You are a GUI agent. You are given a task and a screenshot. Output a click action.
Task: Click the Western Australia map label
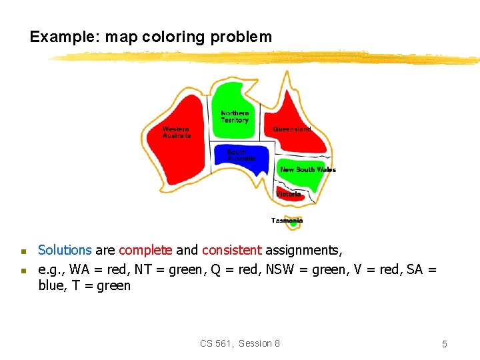[176, 132]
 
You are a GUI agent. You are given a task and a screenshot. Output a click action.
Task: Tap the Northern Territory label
[235, 117]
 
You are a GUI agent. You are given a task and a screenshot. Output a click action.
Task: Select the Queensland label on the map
[291, 129]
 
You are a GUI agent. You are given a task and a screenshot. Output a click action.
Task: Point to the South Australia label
[241, 155]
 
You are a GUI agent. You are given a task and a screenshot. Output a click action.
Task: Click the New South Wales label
[307, 169]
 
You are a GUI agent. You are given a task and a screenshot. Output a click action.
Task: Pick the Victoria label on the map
[289, 194]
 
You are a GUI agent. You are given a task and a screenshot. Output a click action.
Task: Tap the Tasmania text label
[287, 220]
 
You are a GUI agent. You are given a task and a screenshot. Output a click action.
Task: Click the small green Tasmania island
[293, 225]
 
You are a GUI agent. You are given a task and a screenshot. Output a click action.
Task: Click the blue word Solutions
[65, 251]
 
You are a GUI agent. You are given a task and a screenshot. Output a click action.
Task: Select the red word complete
[145, 251]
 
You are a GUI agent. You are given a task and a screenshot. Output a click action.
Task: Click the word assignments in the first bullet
[303, 251]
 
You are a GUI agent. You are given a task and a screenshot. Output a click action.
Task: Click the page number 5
[444, 344]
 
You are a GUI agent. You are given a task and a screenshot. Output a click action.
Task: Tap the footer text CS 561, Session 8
[240, 343]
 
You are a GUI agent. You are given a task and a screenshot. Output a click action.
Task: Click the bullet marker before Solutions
[22, 252]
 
